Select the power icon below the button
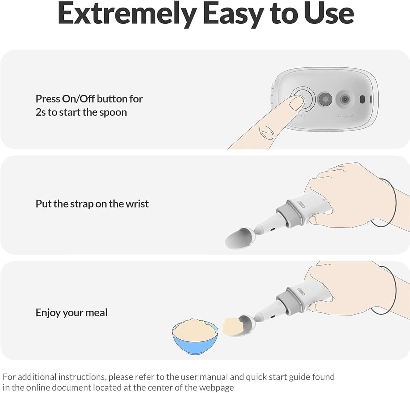(303, 116)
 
